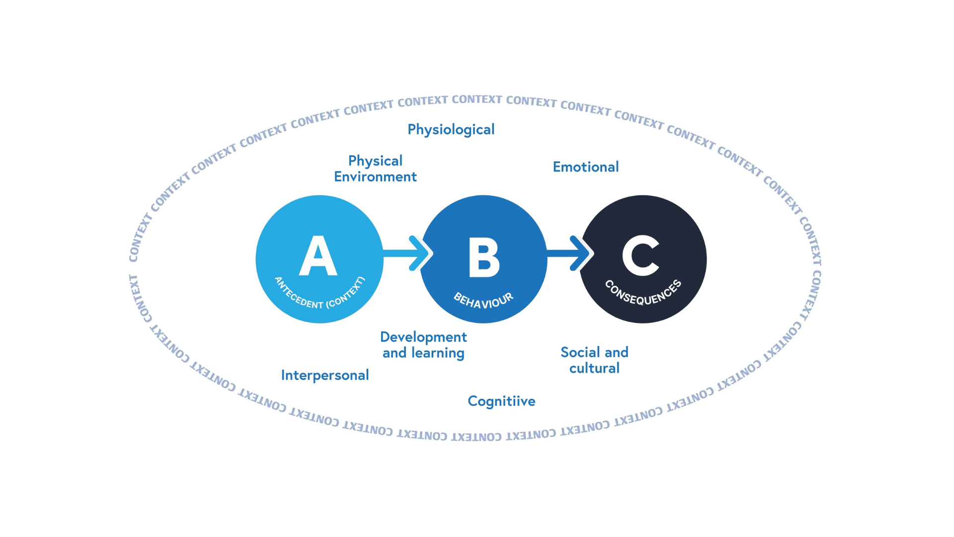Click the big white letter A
(318, 257)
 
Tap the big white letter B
(483, 258)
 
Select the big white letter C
(640, 256)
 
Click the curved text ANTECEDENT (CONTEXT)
(319, 295)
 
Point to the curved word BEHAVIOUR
(483, 300)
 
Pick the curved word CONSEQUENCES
(643, 294)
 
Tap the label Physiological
(451, 130)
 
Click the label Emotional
(585, 167)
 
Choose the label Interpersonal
(324, 375)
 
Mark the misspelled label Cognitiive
(501, 401)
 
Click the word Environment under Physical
(375, 177)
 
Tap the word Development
(423, 337)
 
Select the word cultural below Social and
(594, 368)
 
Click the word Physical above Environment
(375, 161)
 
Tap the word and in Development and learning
(395, 353)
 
